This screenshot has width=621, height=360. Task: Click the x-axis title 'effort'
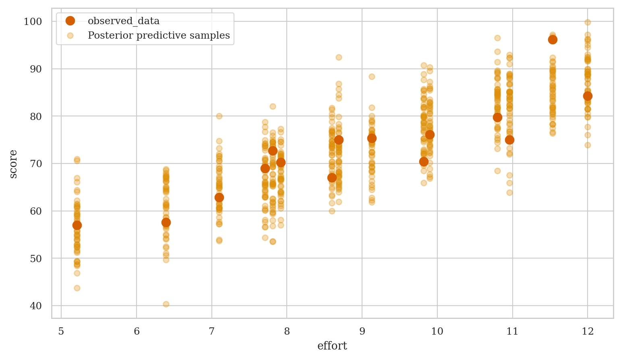pos(332,346)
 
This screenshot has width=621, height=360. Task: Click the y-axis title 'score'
pos(13,163)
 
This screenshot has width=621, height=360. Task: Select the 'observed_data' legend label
pos(124,21)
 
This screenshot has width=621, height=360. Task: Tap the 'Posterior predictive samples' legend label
pos(159,35)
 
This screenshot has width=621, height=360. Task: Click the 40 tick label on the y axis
pos(36,306)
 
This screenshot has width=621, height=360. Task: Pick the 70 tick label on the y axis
pos(36,163)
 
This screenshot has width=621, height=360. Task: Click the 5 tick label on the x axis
pos(61,331)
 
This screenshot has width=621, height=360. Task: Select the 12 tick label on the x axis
pos(588,331)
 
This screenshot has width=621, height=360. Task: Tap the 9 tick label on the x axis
pos(362,331)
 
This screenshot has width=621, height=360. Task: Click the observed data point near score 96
pos(553,39)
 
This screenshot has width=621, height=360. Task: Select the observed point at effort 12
pos(588,96)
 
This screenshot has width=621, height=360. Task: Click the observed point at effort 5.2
pos(77,225)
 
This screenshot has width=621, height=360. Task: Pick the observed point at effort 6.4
pos(166,222)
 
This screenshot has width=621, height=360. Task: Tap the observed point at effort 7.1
pos(219,197)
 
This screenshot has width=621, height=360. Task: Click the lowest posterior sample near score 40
pos(166,304)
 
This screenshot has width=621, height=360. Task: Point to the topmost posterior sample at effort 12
pos(588,22)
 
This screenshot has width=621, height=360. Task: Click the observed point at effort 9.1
pos(372,138)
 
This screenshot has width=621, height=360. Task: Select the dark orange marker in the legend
pos(70,21)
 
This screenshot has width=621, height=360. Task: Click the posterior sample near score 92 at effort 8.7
pos(339,57)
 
